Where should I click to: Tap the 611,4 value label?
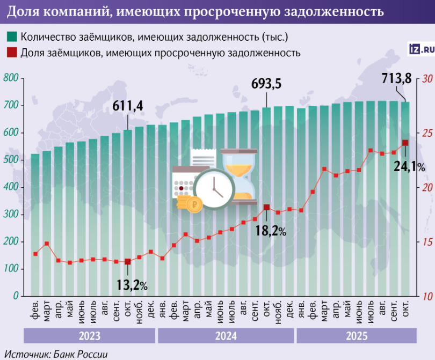coord(127,106)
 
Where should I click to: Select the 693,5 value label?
coord(266,84)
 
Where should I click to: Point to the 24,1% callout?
coord(409,167)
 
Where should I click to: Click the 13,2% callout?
coord(132,285)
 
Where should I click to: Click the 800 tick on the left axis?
coord(11,79)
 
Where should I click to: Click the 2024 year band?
coord(226,336)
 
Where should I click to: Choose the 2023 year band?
coord(89,336)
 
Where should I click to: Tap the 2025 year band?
coord(357,336)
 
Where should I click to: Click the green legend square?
coord(11,37)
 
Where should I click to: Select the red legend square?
coord(11,53)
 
